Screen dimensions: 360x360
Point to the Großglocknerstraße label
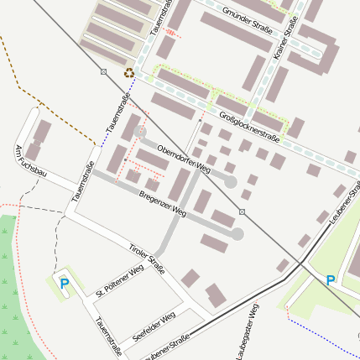click(248, 124)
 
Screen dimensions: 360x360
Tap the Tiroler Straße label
click(147, 253)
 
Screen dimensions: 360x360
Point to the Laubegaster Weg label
click(249, 332)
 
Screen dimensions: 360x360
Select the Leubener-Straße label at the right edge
click(346, 204)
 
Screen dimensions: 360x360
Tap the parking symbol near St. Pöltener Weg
click(64, 284)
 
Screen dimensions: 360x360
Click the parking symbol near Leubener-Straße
click(331, 279)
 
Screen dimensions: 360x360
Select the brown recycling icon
click(128, 73)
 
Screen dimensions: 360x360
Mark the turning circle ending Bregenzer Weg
click(237, 234)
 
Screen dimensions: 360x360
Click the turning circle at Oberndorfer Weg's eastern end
click(230, 180)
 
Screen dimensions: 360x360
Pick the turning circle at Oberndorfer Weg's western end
click(140, 132)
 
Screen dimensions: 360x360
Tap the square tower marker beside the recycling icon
click(103, 71)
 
